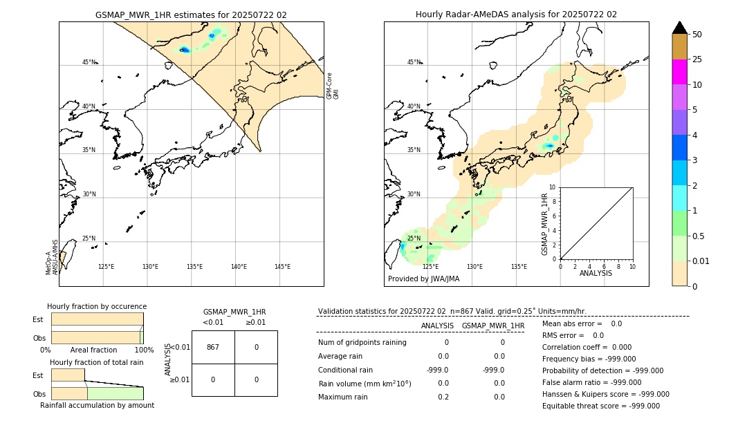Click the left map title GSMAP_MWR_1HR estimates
[191, 15]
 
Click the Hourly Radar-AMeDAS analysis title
[516, 15]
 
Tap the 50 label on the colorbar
[697, 34]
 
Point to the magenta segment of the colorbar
[679, 72]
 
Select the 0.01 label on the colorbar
[701, 261]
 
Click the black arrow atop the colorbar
[679, 28]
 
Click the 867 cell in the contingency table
[213, 347]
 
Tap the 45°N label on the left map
[89, 62]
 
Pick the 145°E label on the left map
[282, 267]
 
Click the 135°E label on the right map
[519, 267]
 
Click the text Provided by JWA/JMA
[423, 279]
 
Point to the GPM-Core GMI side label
[333, 85]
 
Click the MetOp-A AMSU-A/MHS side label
[52, 257]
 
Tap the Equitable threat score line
[600, 406]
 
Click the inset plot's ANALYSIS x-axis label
[596, 273]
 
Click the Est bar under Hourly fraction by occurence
[97, 319]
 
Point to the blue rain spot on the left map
[185, 50]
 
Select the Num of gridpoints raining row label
[362, 342]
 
